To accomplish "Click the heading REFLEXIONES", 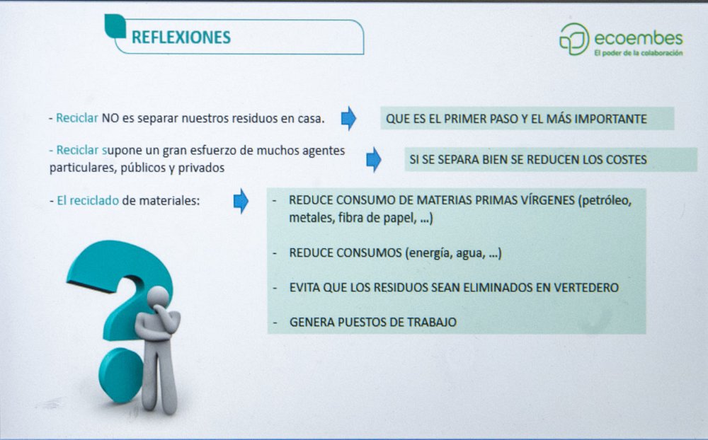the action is click(x=181, y=37).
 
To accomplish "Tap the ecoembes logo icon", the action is click(x=574, y=39).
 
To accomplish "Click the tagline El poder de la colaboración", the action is click(x=639, y=53).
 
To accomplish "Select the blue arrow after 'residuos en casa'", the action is click(x=348, y=118).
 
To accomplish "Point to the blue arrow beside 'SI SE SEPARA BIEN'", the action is click(x=373, y=159).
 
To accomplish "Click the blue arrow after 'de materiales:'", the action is click(x=241, y=201).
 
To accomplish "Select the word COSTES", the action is click(x=627, y=160).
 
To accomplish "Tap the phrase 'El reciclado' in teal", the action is click(x=88, y=201).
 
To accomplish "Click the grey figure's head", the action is click(x=159, y=297).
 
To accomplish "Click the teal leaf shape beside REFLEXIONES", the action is click(x=115, y=26).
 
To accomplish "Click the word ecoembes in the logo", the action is click(x=639, y=38).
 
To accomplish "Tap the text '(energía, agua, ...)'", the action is click(x=453, y=253).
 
